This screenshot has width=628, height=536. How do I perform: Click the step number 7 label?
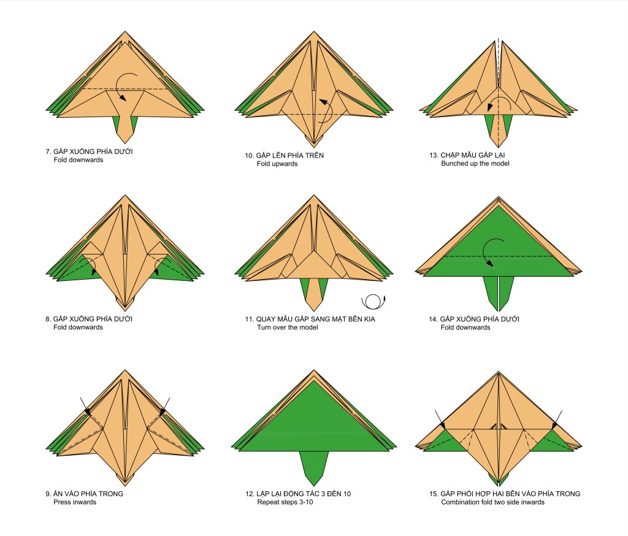point(48,151)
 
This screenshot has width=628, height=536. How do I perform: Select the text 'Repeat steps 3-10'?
point(285,502)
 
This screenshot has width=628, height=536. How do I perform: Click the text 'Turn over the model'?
point(287,327)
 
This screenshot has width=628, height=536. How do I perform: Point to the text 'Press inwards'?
point(75,502)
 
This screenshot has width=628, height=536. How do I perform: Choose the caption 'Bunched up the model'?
point(475,164)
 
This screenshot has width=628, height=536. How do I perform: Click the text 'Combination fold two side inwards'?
point(492,502)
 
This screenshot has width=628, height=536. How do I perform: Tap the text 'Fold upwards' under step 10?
point(277,164)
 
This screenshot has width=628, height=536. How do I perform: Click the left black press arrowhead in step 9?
point(87,412)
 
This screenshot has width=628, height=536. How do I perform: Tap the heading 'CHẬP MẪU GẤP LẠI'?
point(473,155)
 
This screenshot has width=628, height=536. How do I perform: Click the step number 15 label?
point(433,494)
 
